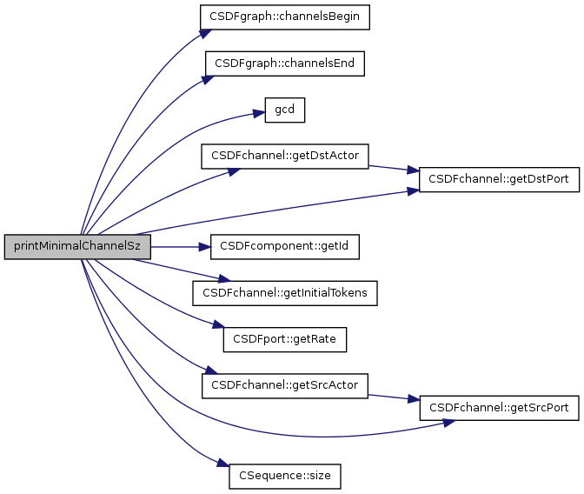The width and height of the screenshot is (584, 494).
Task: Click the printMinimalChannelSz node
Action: pos(77,247)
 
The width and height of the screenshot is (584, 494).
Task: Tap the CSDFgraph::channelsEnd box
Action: pos(284,63)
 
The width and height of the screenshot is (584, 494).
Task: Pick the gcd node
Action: pos(284,110)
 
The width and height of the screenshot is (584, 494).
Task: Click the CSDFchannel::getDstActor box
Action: pos(286,157)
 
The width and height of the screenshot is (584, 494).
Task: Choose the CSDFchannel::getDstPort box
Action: pos(500,179)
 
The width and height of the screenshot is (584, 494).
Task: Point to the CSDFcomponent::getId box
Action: pos(285,247)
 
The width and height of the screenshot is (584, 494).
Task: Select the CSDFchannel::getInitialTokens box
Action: pos(285,293)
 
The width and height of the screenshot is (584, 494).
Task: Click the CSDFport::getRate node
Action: pos(285,339)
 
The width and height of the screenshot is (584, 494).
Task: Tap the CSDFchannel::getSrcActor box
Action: pos(285,384)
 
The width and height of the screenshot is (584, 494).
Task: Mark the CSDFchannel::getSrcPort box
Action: pos(500,407)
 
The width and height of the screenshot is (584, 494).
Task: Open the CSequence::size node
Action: pos(285,477)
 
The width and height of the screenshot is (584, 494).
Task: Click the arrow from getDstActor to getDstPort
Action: pos(395,168)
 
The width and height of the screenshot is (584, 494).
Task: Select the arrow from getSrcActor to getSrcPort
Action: pos(395,396)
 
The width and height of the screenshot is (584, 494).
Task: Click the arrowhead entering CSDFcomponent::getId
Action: pos(205,247)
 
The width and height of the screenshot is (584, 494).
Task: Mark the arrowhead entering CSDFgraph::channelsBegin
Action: pos(204,33)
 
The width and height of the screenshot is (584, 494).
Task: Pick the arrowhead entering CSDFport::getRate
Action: pos(218,327)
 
